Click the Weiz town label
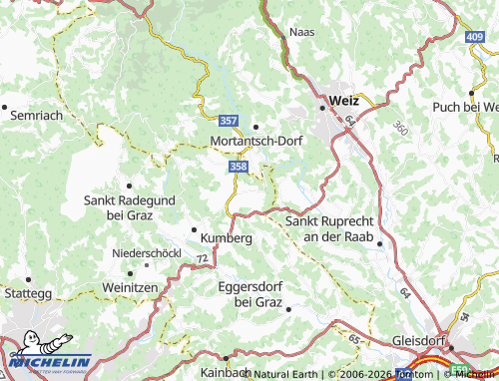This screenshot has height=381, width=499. (x=343, y=101)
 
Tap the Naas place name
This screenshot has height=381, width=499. (x=301, y=32)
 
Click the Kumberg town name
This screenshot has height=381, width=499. (x=226, y=238)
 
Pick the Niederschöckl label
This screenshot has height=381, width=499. (x=147, y=254)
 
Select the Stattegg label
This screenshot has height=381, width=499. (x=27, y=294)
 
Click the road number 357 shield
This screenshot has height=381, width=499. (x=229, y=121)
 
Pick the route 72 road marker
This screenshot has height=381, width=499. (x=203, y=259)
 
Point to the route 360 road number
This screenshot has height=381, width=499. (x=400, y=129)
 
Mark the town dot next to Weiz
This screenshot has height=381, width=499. (x=322, y=107)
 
